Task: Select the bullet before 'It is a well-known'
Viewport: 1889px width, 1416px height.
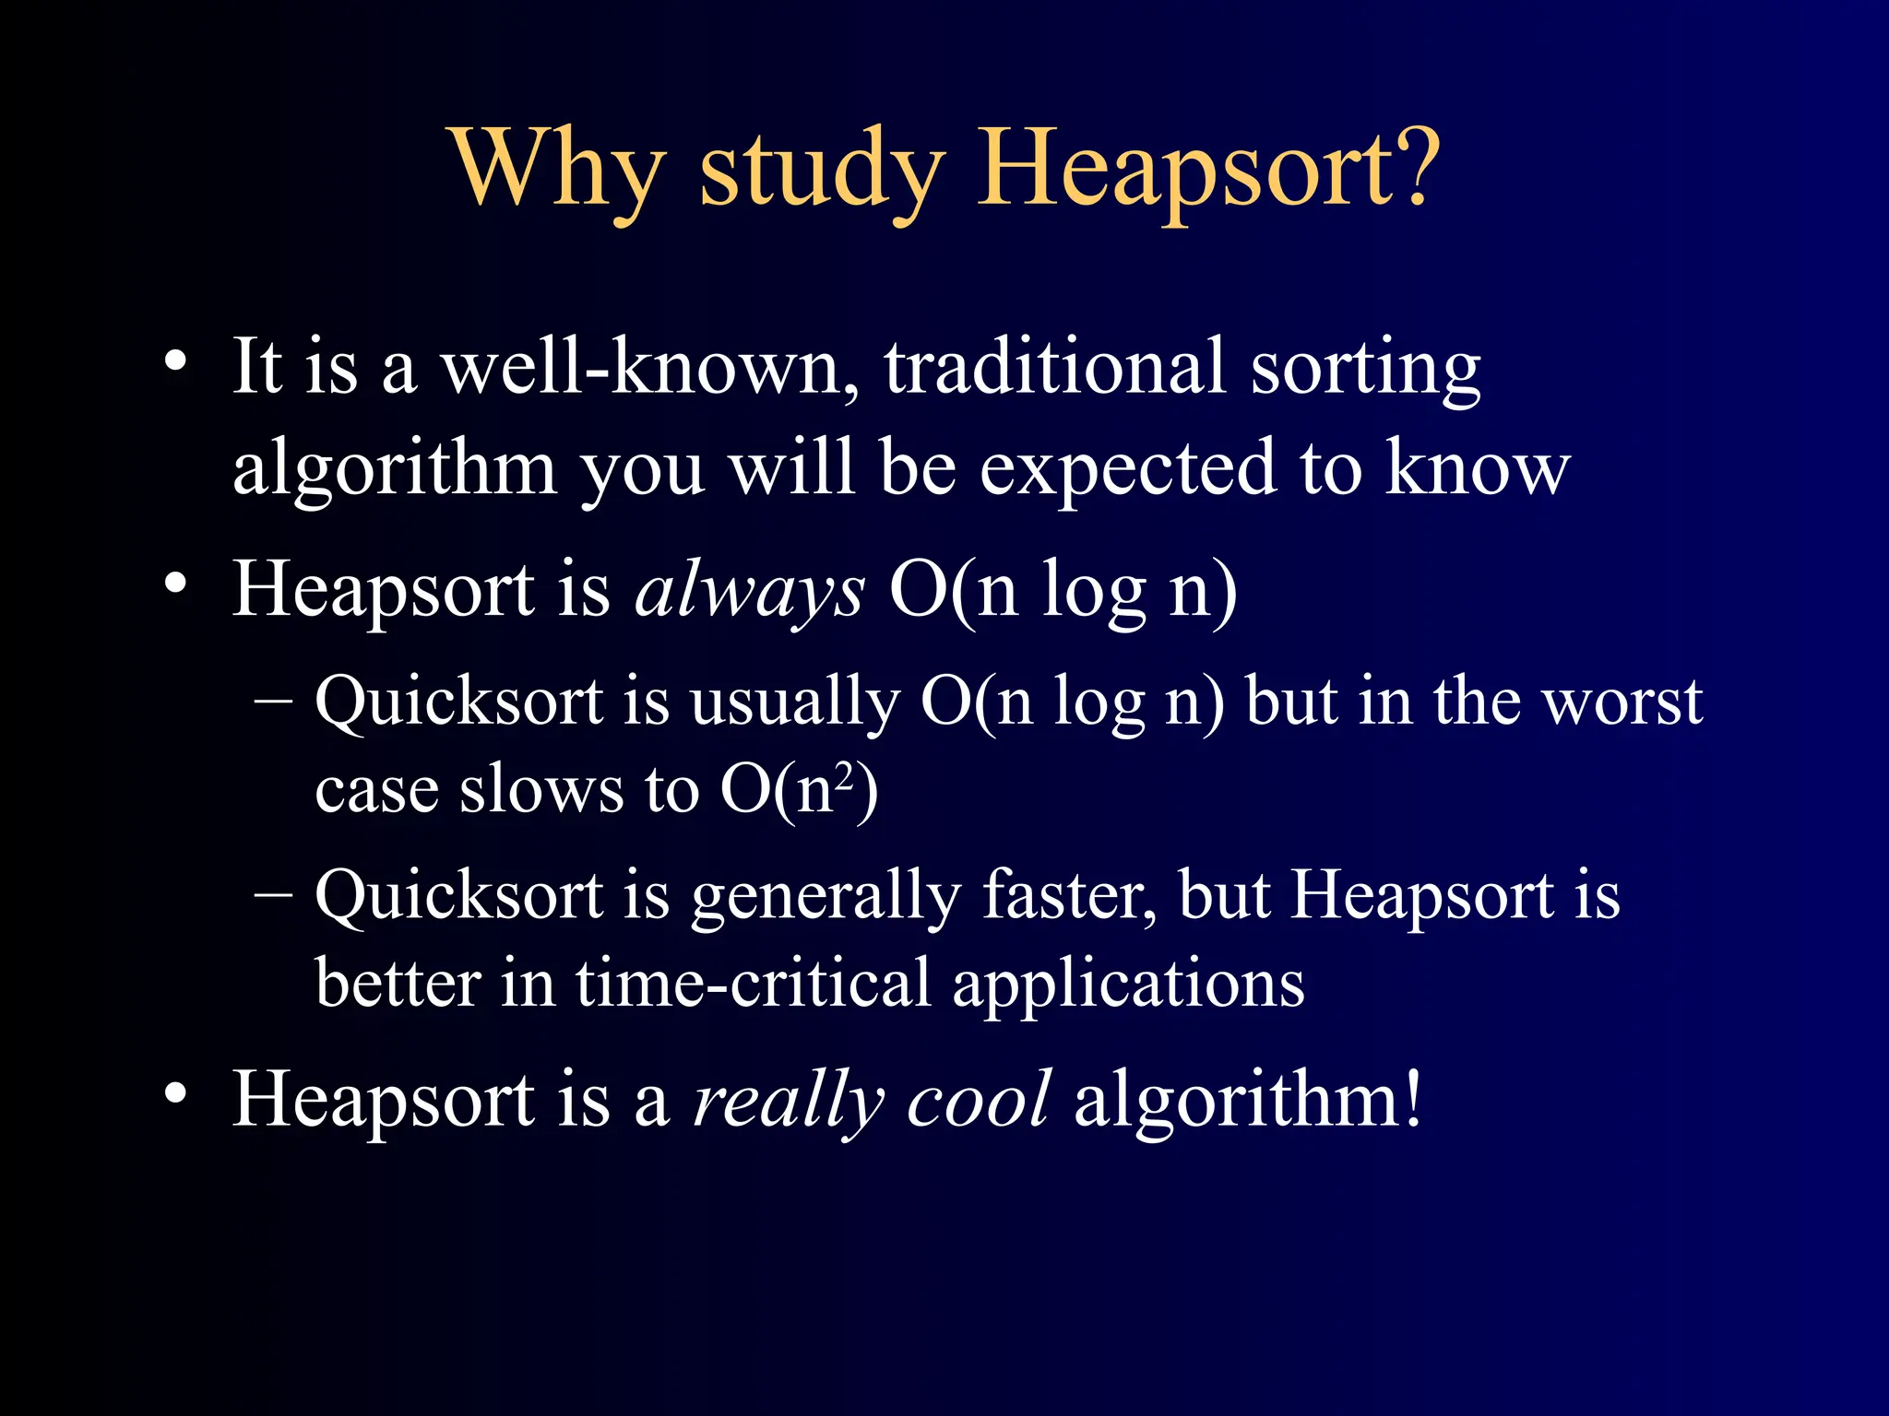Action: [175, 362]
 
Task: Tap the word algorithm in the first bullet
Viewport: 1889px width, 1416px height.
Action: [395, 470]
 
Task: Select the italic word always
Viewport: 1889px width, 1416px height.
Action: [750, 590]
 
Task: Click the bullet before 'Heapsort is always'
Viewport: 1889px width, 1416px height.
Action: [175, 584]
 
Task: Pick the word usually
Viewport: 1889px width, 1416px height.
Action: [794, 702]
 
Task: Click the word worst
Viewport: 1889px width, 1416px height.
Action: [1623, 702]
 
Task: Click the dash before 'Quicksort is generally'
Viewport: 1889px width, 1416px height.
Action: [273, 894]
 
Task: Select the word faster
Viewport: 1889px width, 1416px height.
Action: [1068, 896]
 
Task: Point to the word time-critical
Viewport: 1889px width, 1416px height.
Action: [753, 983]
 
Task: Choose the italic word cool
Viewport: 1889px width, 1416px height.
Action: [978, 1099]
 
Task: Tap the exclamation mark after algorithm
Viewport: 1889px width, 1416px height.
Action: [1411, 1097]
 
